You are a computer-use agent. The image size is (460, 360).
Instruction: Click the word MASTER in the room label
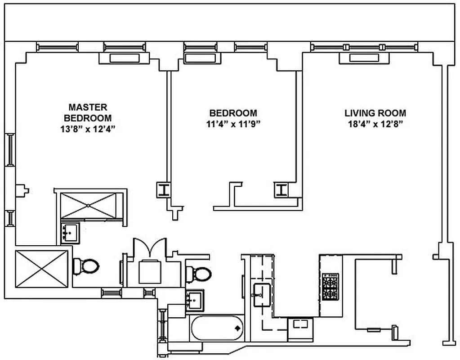(88, 107)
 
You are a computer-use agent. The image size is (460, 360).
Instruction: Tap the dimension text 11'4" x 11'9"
(233, 124)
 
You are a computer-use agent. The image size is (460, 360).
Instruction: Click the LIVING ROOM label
(375, 113)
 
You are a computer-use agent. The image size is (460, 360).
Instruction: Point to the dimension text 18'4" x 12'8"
(375, 124)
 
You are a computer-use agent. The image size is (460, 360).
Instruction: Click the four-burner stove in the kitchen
(331, 286)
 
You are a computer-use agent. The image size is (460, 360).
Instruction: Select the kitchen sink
(261, 295)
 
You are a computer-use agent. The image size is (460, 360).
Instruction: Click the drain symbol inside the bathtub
(237, 328)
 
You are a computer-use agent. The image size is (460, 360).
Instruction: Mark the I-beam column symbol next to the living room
(281, 190)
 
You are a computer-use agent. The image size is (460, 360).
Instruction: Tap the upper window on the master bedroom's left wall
(10, 149)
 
